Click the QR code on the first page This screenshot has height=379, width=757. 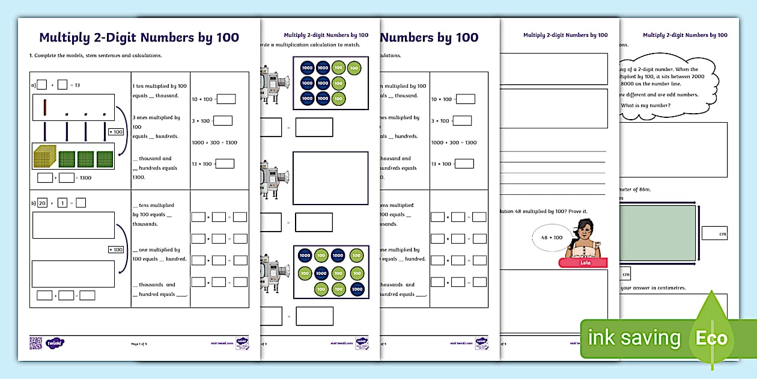[x=36, y=343]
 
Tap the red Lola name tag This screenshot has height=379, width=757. [x=583, y=263]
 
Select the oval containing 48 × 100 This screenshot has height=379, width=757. [x=552, y=237]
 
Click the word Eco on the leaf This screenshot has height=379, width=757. [x=711, y=339]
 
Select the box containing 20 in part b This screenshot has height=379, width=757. [x=42, y=203]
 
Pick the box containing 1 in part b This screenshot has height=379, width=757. [x=62, y=203]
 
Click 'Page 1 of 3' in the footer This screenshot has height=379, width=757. [x=139, y=344]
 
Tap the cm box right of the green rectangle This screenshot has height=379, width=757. [x=714, y=233]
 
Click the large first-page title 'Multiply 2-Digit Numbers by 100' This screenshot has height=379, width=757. [x=139, y=38]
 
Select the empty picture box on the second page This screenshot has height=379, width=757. [x=330, y=178]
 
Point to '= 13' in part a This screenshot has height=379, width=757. [x=74, y=85]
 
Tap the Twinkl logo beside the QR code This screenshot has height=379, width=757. [x=55, y=343]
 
